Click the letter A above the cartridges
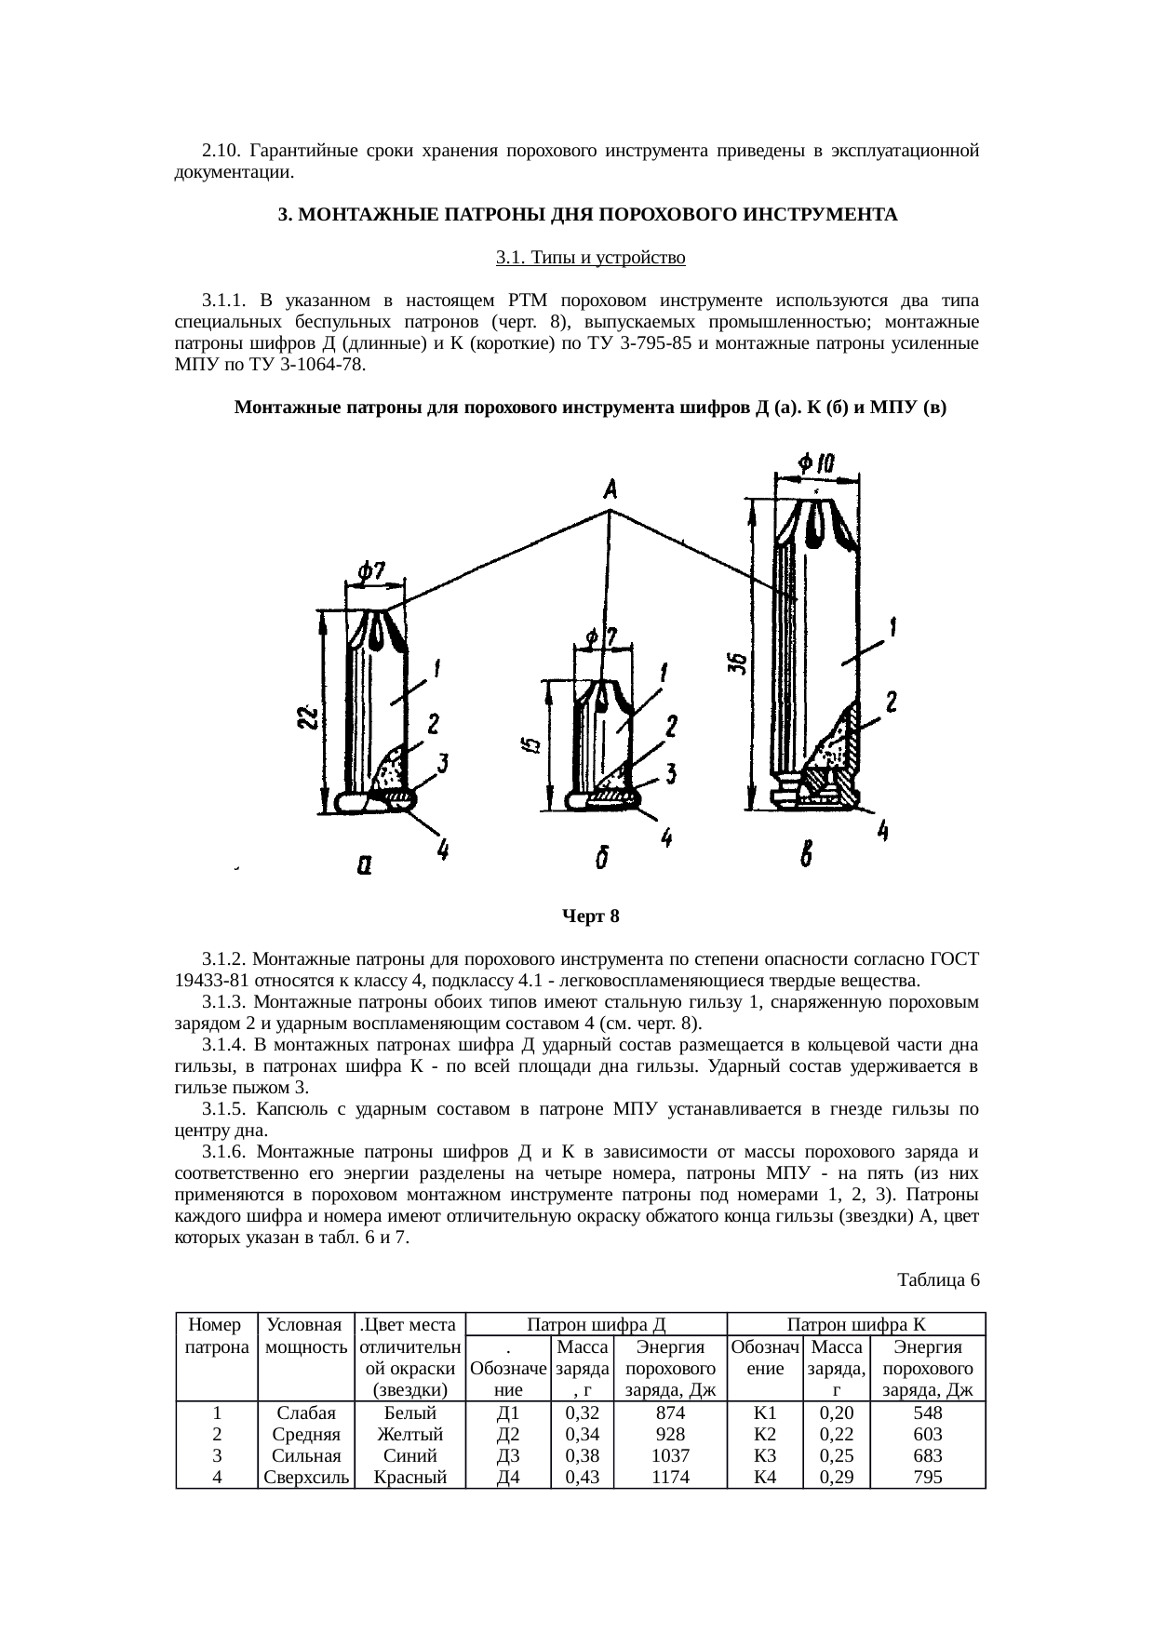click(611, 488)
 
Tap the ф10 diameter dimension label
click(816, 462)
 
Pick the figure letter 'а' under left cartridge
click(365, 865)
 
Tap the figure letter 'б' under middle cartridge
click(603, 860)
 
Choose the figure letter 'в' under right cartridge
click(809, 852)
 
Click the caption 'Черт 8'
click(590, 917)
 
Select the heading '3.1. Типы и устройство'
click(590, 258)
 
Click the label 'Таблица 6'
click(938, 1279)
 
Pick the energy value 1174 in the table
click(670, 1476)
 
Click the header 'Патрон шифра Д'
click(596, 1324)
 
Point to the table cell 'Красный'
click(410, 1476)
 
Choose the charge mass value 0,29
click(837, 1476)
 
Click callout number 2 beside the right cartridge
click(891, 703)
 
